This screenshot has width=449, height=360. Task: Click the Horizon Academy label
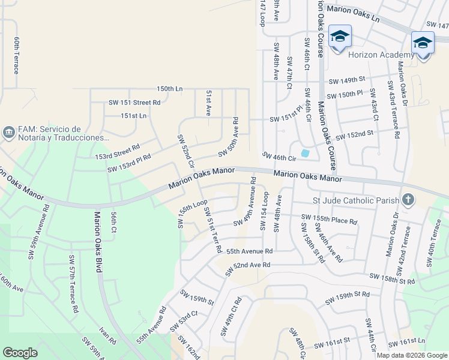pos(381,55)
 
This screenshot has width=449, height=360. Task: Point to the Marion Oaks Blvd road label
pos(97,239)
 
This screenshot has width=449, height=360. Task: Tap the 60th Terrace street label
pos(17,54)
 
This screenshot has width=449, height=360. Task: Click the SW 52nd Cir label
pos(187,151)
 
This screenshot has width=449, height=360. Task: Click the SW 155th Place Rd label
pos(329,219)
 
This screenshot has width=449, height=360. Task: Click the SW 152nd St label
pos(355,135)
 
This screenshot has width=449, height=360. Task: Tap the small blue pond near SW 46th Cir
pos(305,154)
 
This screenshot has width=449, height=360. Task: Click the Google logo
pos(20,353)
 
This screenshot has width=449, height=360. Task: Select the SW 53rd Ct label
pos(184,321)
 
